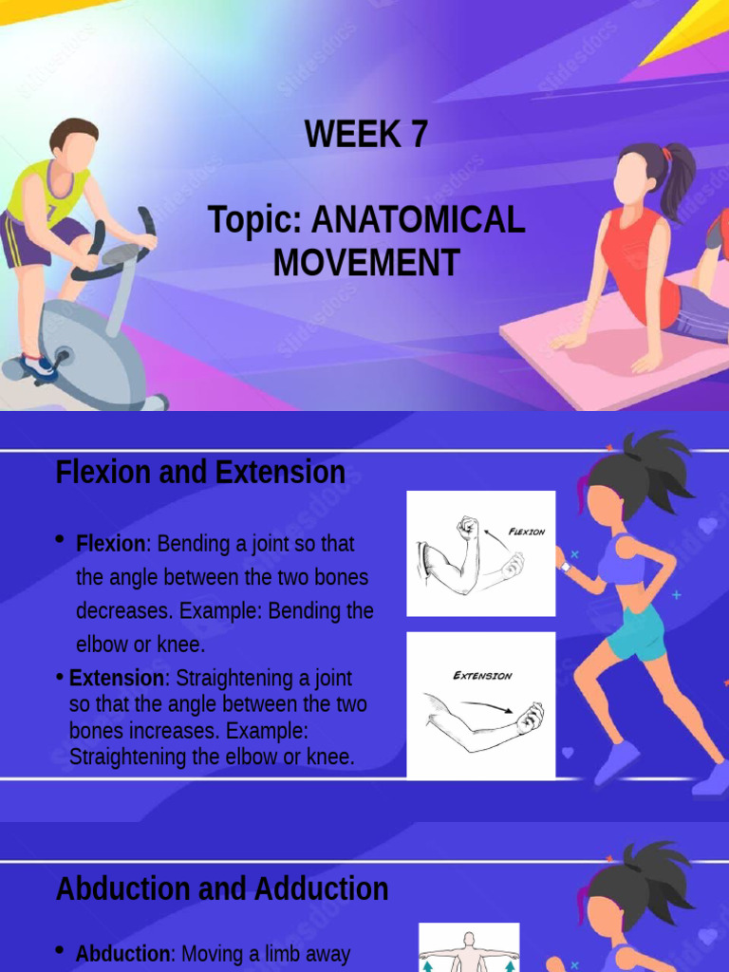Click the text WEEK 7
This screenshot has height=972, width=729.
[365, 135]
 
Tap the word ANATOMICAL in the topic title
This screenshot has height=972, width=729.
[418, 220]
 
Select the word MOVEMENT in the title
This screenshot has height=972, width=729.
[366, 262]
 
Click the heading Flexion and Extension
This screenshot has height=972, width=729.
[200, 472]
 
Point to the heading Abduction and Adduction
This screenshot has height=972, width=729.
[222, 888]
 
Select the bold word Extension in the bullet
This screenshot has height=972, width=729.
[117, 678]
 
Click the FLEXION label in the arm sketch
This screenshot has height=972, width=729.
[527, 532]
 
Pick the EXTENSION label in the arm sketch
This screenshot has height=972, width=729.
[482, 676]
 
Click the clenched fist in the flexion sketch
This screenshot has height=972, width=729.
[467, 528]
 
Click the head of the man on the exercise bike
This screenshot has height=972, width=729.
[75, 143]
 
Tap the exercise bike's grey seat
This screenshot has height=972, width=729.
[121, 253]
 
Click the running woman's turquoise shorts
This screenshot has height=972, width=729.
[636, 631]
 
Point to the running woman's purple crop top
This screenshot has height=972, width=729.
[622, 560]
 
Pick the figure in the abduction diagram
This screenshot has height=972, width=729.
[469, 949]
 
